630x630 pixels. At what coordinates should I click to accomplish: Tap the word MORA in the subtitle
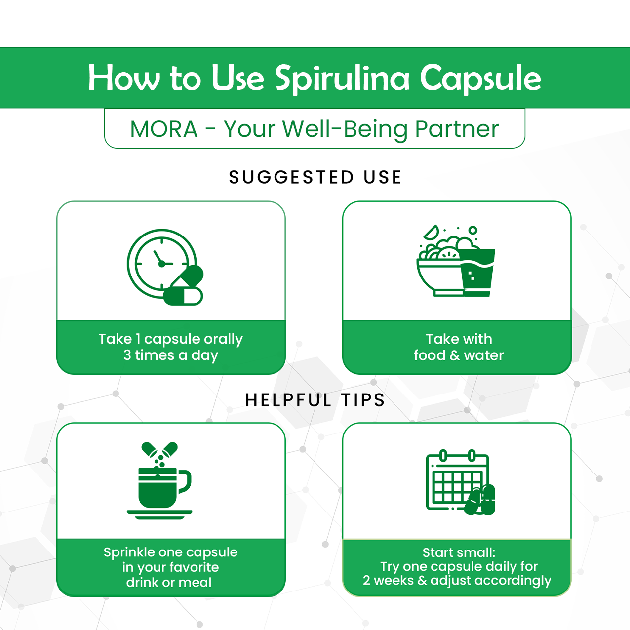click(163, 129)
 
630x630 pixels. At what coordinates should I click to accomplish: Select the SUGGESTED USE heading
click(315, 177)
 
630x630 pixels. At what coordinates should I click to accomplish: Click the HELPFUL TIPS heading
click(315, 400)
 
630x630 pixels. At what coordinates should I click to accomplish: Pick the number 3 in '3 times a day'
click(127, 355)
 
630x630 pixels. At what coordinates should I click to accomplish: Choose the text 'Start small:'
click(459, 552)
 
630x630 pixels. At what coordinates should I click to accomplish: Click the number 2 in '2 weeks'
click(366, 581)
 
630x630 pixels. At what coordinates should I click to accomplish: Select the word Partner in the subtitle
click(456, 129)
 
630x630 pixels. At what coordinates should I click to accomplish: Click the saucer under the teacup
click(159, 514)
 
